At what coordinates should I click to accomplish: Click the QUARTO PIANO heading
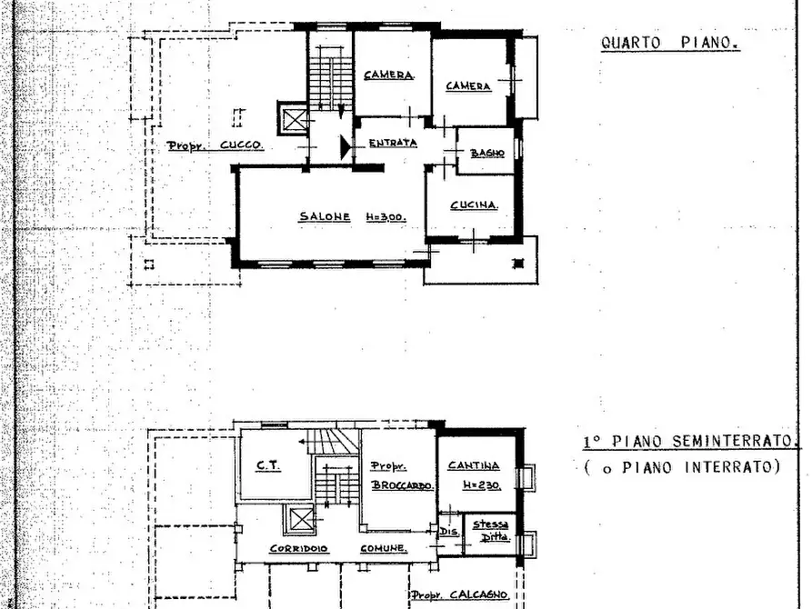click(x=670, y=43)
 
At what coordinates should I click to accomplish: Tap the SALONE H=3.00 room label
click(x=352, y=217)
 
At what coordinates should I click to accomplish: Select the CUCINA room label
click(x=475, y=205)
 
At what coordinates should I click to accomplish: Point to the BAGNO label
click(x=486, y=154)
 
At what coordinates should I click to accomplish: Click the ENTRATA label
click(x=393, y=143)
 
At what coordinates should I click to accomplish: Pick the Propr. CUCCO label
click(x=216, y=145)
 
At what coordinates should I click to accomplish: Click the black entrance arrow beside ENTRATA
click(x=346, y=147)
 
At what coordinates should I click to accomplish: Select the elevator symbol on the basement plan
click(x=299, y=519)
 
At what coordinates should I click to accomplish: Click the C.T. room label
click(x=269, y=465)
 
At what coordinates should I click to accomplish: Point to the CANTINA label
click(x=474, y=465)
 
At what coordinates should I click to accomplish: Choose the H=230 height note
click(x=482, y=485)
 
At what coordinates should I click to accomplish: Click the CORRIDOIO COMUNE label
click(x=338, y=548)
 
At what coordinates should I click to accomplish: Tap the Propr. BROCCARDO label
click(x=402, y=476)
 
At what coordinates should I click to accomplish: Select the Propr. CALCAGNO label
click(x=459, y=595)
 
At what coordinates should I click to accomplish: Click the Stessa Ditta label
click(x=491, y=531)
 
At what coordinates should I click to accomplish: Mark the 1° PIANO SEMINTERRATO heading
click(x=689, y=442)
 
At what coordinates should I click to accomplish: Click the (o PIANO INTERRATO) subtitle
click(x=681, y=467)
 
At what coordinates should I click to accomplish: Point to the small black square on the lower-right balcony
click(x=518, y=264)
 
